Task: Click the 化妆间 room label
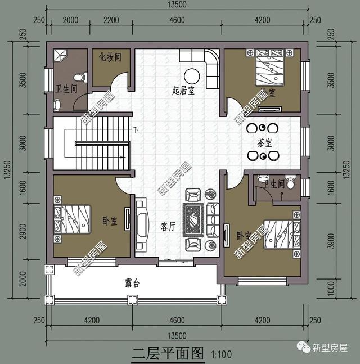110,57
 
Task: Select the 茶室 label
264,142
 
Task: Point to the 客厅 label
169,227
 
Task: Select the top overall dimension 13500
177,6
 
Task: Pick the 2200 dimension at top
111,21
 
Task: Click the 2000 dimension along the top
70,21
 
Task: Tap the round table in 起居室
191,75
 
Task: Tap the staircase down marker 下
136,130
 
